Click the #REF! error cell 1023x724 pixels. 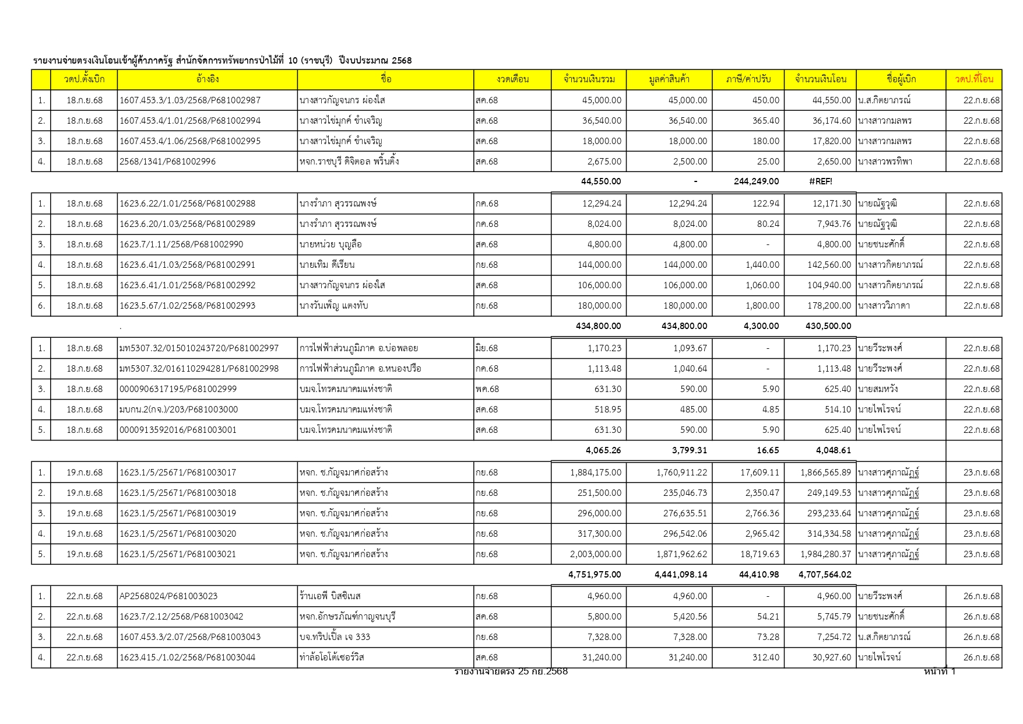click(820, 181)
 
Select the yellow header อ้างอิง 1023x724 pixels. click(208, 79)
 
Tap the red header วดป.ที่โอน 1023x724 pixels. click(973, 79)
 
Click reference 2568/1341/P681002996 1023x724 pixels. click(167, 162)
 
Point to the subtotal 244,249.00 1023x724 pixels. click(756, 181)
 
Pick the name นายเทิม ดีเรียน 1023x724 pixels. click(327, 265)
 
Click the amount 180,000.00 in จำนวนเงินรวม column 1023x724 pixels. click(602, 306)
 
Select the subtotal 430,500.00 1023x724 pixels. click(828, 326)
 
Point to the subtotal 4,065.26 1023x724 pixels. click(603, 450)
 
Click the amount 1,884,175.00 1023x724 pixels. click(596, 473)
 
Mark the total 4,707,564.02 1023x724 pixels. click(825, 575)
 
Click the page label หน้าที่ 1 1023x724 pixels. click(939, 671)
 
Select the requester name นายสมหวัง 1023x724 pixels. click(877, 389)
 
